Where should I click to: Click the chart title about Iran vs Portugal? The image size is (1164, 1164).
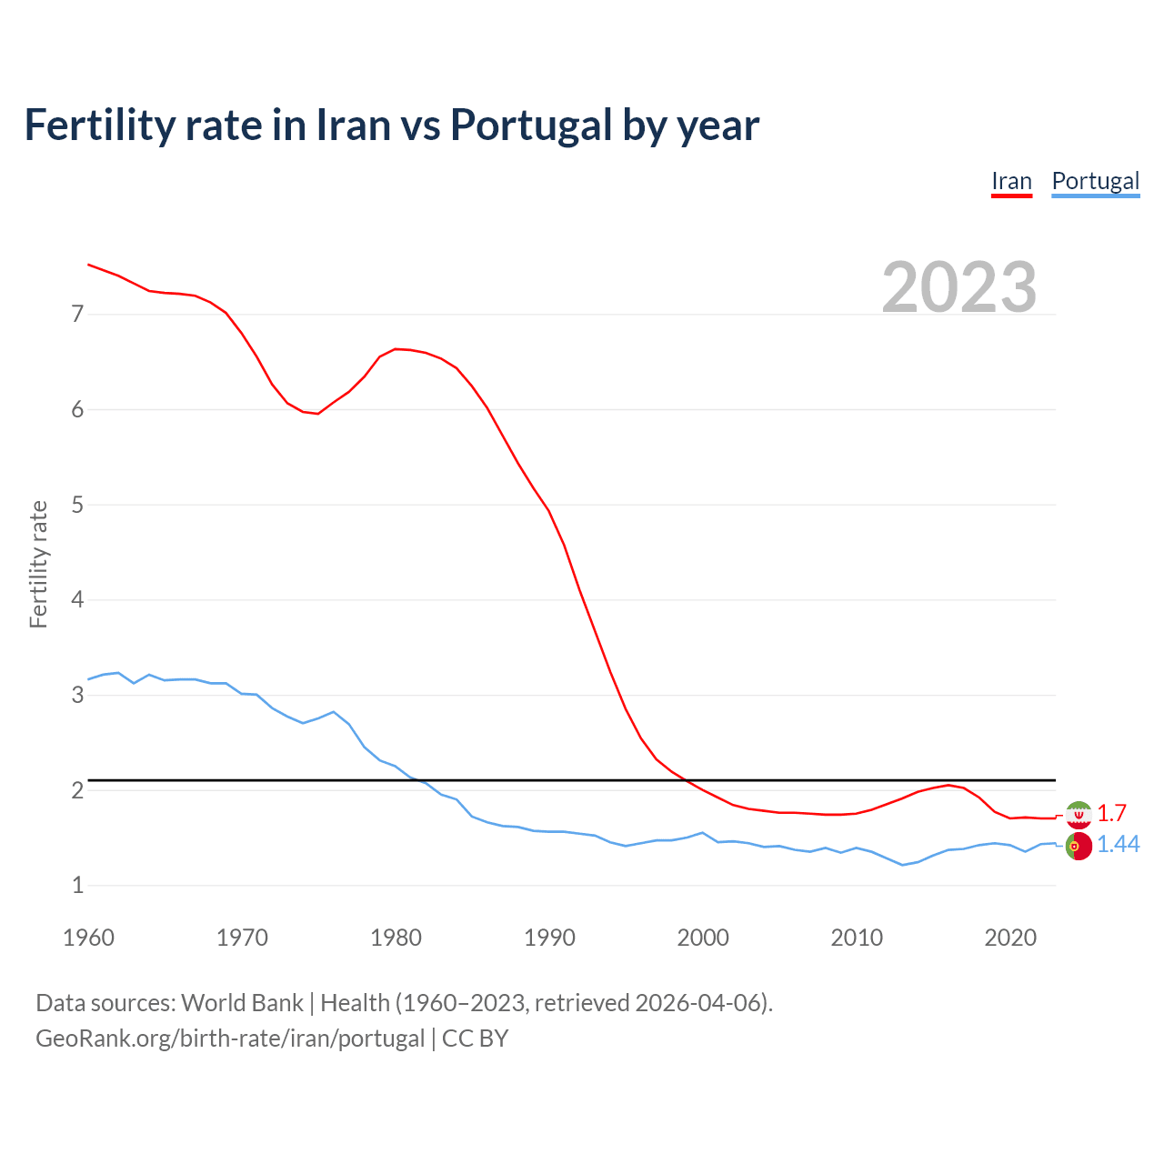point(391,125)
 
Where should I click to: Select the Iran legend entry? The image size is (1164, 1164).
point(1011,181)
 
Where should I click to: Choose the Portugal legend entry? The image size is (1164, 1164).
point(1095,181)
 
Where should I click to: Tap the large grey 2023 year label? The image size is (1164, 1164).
point(959,287)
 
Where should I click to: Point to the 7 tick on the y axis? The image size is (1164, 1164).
point(77,315)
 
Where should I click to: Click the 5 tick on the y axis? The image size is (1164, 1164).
point(77,505)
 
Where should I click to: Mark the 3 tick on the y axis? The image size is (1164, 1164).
point(77,696)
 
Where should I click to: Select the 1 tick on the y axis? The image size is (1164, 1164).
point(77,886)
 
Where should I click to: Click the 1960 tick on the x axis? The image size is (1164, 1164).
point(88,938)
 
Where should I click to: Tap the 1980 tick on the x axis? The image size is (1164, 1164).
point(396,938)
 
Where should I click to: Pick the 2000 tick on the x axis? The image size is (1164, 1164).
point(703,938)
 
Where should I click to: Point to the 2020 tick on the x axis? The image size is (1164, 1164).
point(1010,938)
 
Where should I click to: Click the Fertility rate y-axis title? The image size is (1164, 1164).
point(38,564)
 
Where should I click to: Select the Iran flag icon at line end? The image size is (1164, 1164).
point(1079,814)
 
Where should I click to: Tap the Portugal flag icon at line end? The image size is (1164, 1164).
point(1079,846)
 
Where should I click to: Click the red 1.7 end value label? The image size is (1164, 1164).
point(1111,813)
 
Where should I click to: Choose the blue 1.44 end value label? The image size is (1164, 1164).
point(1118,845)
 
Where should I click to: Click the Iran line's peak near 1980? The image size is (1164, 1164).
point(396,349)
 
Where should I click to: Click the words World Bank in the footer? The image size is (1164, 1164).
point(242,1003)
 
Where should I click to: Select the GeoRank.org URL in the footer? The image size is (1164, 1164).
point(230,1039)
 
